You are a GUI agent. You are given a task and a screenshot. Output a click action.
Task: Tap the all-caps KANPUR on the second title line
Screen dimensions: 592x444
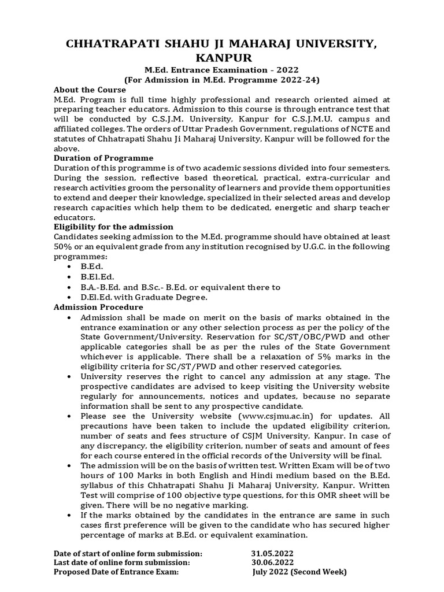pyautogui.click(x=222, y=58)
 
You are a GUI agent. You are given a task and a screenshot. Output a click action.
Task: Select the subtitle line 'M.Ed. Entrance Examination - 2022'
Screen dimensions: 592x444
pyautogui.click(x=222, y=70)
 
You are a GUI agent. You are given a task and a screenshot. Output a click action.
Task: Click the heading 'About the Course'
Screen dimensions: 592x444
pyautogui.click(x=90, y=90)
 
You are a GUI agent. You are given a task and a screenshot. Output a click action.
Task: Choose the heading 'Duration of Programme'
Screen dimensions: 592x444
pyautogui.click(x=103, y=158)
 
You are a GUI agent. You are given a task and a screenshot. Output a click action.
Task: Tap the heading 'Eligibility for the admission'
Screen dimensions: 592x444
pyautogui.click(x=113, y=227)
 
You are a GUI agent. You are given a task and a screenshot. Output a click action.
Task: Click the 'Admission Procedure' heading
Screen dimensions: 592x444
pyautogui.click(x=98, y=307)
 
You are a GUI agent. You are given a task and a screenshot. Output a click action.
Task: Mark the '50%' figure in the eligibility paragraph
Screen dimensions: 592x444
pyautogui.click(x=63, y=247)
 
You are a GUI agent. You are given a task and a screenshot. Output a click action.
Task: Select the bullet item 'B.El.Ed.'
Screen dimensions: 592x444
pyautogui.click(x=97, y=277)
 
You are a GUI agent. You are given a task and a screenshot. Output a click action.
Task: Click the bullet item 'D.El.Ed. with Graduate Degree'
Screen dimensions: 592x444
pyautogui.click(x=144, y=297)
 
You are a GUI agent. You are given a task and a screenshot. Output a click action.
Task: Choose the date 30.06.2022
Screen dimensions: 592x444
pyautogui.click(x=269, y=562)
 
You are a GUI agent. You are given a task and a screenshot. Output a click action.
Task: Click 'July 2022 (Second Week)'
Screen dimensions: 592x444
pyautogui.click(x=299, y=572)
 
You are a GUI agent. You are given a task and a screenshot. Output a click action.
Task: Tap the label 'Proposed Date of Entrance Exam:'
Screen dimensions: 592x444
pyautogui.click(x=116, y=572)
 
